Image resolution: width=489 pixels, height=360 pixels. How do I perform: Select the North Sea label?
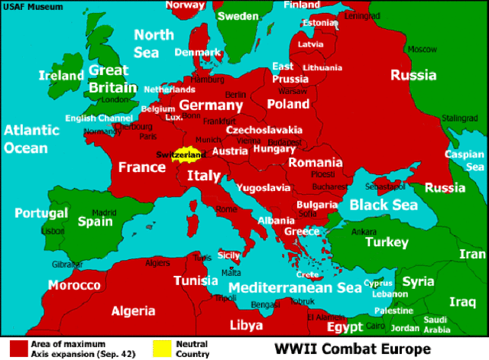pyautogui.click(x=154, y=44)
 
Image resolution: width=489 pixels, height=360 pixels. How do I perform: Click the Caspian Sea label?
pyautogui.click(x=465, y=160)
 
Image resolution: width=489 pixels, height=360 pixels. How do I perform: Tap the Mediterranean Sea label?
pyautogui.click(x=294, y=288)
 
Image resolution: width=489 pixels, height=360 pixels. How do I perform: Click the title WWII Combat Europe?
pyautogui.click(x=352, y=349)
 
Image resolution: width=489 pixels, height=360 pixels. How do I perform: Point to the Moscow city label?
pyautogui.click(x=422, y=49)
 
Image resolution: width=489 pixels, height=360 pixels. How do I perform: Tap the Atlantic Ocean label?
pyautogui.click(x=31, y=139)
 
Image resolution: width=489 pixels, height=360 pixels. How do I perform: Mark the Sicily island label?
pyautogui.click(x=228, y=255)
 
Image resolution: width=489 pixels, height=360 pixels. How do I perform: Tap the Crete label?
pyautogui.click(x=308, y=274)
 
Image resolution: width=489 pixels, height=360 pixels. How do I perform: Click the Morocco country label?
pyautogui.click(x=74, y=285)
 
